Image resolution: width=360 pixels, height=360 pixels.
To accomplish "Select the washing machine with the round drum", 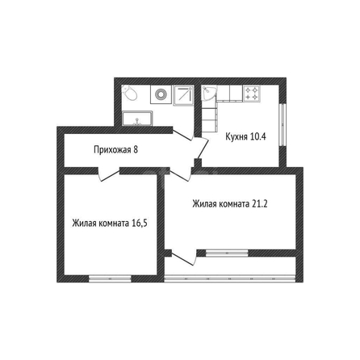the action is (161, 94).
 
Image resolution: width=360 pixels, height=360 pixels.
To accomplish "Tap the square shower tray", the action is (184, 94).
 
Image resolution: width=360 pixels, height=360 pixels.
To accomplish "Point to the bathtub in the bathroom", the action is (137, 119).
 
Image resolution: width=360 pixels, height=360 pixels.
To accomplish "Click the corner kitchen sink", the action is (209, 93).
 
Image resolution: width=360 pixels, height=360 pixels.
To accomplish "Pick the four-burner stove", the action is (252, 94).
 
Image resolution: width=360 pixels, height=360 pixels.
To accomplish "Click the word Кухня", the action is (237, 136).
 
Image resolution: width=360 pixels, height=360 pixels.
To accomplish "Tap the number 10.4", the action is (258, 136).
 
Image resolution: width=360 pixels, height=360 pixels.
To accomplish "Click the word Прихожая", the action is (112, 149).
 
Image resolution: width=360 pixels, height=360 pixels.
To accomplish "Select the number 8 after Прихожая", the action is (136, 149).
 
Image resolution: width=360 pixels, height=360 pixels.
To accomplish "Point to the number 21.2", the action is (260, 204).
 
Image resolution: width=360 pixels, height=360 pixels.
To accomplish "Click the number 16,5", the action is (140, 224).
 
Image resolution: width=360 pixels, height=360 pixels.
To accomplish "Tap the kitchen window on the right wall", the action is (283, 125).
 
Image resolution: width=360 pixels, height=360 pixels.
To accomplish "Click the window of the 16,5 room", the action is (110, 278).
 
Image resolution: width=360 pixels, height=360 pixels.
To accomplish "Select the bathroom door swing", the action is (183, 135).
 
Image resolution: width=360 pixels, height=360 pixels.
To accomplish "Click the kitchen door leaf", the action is (203, 149).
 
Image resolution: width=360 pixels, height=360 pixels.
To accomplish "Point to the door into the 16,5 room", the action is (109, 174).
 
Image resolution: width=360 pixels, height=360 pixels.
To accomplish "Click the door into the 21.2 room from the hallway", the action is (180, 174).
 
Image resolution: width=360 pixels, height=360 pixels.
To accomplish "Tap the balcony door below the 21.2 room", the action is (184, 258).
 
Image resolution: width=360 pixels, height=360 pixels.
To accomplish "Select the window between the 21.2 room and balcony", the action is (227, 253).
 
